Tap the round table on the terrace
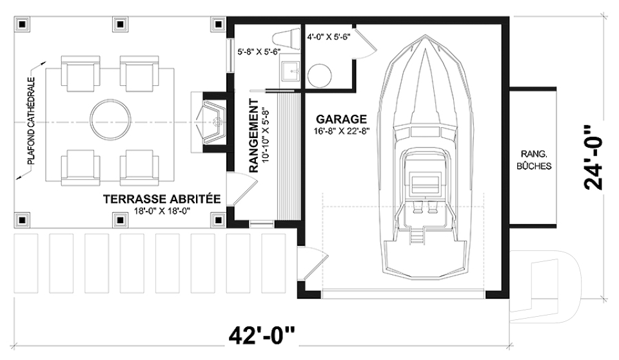click(x=110, y=119)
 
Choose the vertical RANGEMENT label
click(x=253, y=136)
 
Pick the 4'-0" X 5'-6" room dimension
click(x=329, y=37)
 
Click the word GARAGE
click(x=341, y=119)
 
